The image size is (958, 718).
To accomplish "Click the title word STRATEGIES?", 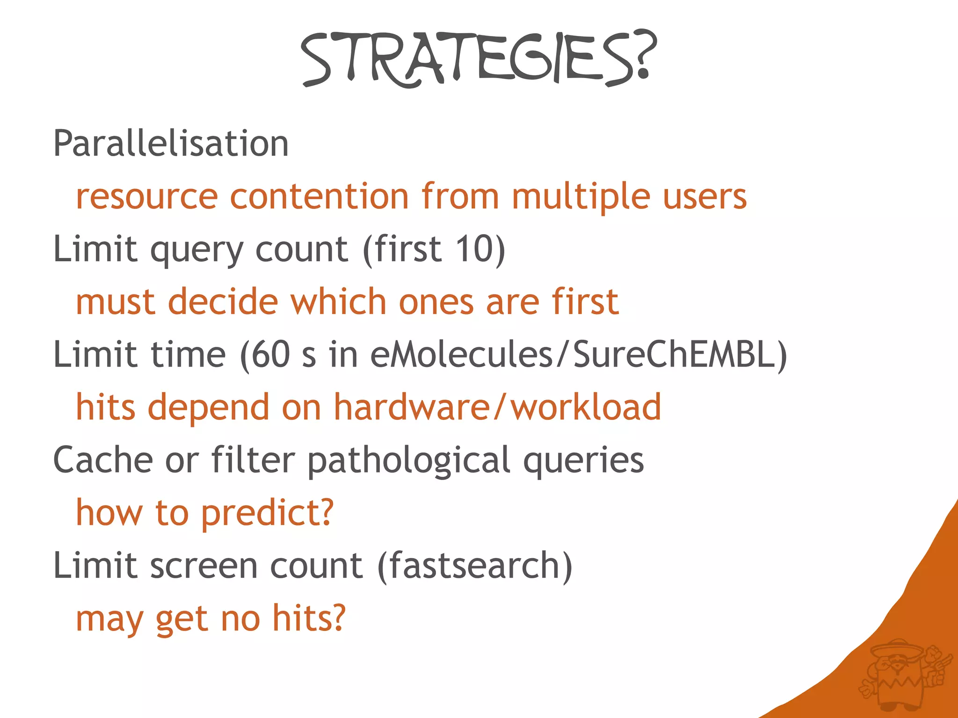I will tap(478, 58).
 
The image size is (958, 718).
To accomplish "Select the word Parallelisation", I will tap(171, 144).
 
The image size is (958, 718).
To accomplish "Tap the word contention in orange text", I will tap(319, 196).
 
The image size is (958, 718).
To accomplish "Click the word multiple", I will tap(581, 196).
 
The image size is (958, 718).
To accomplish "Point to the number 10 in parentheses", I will tap(473, 249).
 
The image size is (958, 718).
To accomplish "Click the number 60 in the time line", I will tap(271, 354).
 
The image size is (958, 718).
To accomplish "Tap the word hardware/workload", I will tap(497, 407).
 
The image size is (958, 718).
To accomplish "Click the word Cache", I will tap(103, 460).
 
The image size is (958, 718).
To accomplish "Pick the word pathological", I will tap(408, 460).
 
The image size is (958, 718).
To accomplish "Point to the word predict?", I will tap(268, 513).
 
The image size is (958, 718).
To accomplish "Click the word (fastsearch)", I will tap(475, 566).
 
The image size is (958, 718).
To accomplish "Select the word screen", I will tap(204, 566).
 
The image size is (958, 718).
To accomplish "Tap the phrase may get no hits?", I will tap(210, 618).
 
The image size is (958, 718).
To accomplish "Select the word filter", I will tap(253, 460).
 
